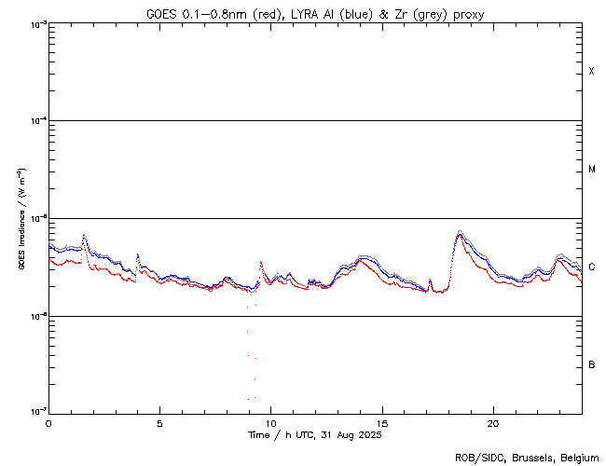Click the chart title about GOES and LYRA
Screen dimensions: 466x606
pos(314,13)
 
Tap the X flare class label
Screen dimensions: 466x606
pos(592,72)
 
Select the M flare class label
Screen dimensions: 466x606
pos(592,170)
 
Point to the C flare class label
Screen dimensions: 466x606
pos(592,267)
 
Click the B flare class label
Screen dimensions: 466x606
pos(592,364)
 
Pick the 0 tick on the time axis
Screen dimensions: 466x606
pos(48,422)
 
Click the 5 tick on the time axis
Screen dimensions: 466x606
pos(159,422)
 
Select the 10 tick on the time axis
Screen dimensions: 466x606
pos(270,422)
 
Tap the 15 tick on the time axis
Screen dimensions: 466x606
pos(382,422)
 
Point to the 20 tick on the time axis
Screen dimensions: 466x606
pos(493,422)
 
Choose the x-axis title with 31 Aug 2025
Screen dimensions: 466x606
pos(314,435)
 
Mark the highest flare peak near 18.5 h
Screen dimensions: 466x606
pos(460,231)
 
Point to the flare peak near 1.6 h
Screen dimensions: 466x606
pos(85,235)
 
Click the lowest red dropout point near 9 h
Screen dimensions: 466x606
pos(249,399)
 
